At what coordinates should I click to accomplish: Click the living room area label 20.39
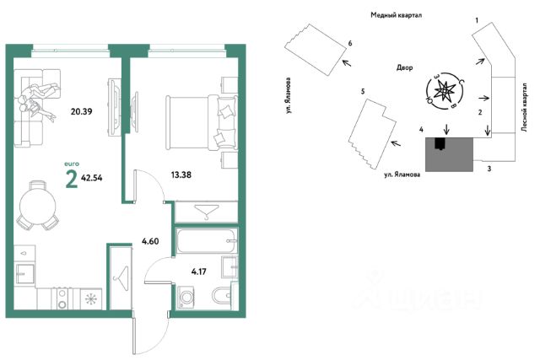tap(81, 111)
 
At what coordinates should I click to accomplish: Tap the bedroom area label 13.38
tap(181, 175)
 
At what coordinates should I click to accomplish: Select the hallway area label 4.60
tap(150, 241)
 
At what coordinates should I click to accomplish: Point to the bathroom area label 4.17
tap(199, 271)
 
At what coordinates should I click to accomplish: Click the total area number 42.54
tap(92, 178)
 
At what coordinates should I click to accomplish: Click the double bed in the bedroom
tap(202, 122)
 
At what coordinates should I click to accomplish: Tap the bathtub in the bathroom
tap(206, 240)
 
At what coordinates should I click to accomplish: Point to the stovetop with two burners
tap(62, 298)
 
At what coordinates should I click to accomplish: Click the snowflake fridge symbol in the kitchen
tap(91, 298)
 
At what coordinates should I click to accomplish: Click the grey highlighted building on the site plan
tap(449, 154)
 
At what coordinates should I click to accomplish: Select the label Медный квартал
tap(396, 15)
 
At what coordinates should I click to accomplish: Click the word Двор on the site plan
tap(404, 67)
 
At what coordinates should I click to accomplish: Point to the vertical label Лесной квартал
tap(525, 107)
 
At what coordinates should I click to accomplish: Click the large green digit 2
tap(71, 180)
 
